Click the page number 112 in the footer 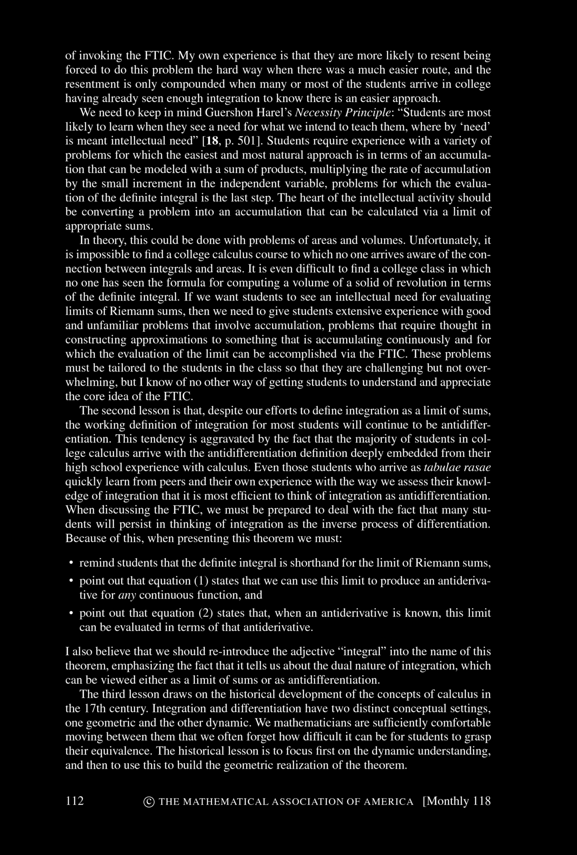75,801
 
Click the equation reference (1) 201,580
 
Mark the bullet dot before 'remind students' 70,562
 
